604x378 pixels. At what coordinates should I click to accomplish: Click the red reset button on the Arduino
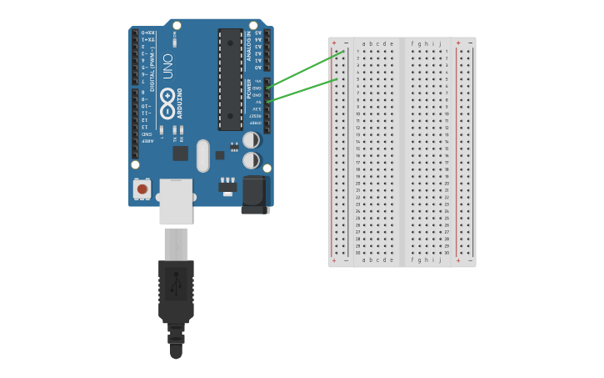coord(142,189)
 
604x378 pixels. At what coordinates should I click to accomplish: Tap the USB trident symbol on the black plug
coord(176,285)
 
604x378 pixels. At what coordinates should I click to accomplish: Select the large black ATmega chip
coord(231,79)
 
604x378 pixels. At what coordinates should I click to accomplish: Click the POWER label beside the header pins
coord(248,88)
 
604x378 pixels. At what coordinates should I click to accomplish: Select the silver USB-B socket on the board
coord(176,201)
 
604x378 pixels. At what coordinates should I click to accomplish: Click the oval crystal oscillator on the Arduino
coord(202,156)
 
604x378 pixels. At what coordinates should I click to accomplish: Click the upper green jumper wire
coord(305,68)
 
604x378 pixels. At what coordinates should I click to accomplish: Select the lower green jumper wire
coord(302,90)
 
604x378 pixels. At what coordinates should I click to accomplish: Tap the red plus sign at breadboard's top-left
coord(334,43)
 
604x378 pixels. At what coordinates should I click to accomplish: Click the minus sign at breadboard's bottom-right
coord(470,260)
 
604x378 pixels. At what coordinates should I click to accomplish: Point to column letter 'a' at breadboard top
coord(364,43)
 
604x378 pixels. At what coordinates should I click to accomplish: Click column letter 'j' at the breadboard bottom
coord(440,260)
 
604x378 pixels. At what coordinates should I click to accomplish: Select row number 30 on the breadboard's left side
coord(357,253)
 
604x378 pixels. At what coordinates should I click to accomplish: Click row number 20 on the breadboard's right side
coord(447,184)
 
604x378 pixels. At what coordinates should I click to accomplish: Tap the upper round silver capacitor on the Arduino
coord(250,140)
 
